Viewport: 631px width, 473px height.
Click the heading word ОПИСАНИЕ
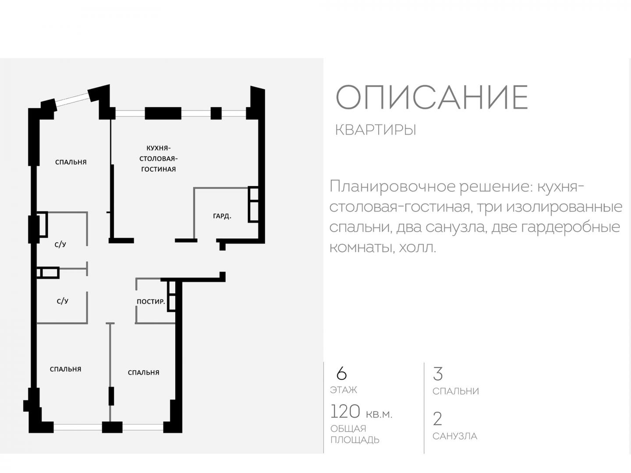[x=432, y=97]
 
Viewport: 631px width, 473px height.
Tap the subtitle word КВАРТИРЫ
[x=376, y=130]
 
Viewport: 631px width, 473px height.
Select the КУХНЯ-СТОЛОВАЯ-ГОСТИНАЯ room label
[x=158, y=159]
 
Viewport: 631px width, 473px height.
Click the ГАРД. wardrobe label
[x=222, y=216]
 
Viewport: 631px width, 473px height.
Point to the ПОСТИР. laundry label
[x=151, y=302]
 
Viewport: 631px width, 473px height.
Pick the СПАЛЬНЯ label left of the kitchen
[x=71, y=162]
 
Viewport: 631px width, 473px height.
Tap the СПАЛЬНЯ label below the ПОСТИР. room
[x=143, y=372]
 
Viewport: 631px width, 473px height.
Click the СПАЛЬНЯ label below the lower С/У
[x=66, y=369]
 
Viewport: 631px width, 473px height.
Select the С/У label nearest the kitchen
[x=60, y=244]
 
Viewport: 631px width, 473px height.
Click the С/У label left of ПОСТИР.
[x=62, y=301]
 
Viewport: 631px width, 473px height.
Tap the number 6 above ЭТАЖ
[x=341, y=373]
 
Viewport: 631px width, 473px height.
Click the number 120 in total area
[x=345, y=411]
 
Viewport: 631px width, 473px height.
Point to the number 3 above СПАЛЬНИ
[x=437, y=374]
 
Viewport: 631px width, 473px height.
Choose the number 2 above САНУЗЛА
[x=437, y=419]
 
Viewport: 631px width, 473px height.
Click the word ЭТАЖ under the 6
[x=344, y=390]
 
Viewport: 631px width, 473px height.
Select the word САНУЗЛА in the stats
[x=455, y=436]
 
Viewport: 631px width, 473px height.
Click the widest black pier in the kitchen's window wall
[x=163, y=113]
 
